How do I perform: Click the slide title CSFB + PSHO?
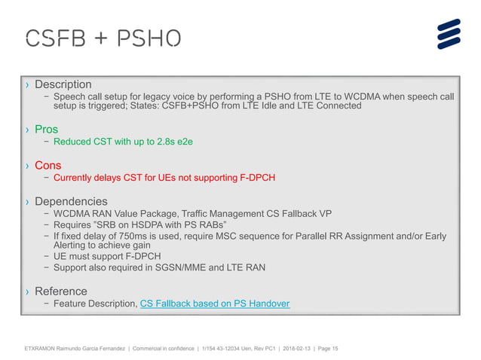[103, 38]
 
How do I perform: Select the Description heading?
[63, 84]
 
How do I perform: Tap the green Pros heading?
[47, 130]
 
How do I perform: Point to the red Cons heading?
[48, 166]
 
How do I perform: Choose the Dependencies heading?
[71, 202]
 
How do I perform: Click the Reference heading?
[61, 291]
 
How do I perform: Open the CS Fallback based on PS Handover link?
[215, 304]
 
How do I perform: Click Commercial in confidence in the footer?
[164, 349]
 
